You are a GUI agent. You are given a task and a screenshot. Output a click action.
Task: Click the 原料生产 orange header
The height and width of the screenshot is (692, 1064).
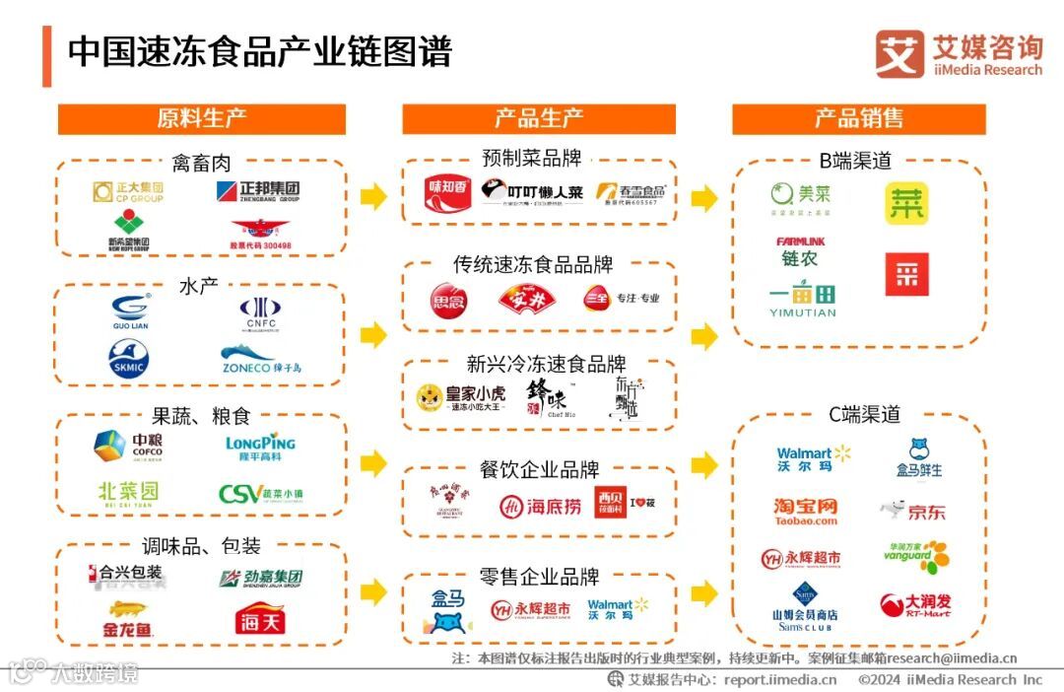point(201,119)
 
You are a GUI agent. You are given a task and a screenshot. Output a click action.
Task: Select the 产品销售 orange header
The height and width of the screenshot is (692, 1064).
point(858,119)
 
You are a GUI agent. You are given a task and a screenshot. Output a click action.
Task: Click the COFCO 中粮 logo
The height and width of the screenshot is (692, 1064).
point(128,447)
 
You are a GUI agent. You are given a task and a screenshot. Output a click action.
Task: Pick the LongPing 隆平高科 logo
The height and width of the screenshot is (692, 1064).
point(260,449)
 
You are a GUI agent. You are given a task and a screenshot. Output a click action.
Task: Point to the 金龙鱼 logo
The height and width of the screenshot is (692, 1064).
point(128,619)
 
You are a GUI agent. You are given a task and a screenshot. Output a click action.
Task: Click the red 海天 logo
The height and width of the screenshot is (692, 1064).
point(259,620)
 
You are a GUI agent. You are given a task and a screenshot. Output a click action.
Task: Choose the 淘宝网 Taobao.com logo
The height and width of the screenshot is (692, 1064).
point(805,511)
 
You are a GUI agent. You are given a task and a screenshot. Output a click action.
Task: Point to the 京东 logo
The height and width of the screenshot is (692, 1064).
point(913,511)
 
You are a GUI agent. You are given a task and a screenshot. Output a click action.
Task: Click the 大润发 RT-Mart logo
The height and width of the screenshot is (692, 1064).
point(915,604)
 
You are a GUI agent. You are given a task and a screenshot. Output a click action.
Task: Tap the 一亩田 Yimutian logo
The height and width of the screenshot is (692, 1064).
point(802,300)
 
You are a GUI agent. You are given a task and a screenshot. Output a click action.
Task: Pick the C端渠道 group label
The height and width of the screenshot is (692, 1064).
point(859,415)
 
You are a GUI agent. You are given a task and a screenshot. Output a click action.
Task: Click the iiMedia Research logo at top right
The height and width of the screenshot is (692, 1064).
point(958,53)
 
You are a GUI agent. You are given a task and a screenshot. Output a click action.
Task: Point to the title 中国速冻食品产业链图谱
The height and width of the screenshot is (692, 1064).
point(259,51)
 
